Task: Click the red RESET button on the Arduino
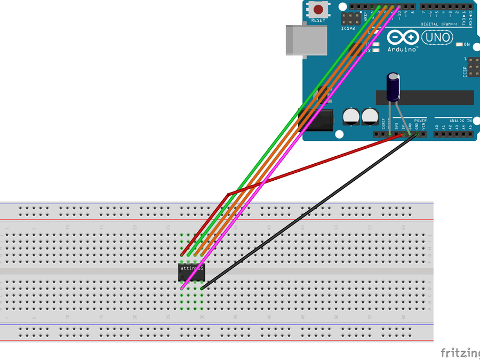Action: pos(319,10)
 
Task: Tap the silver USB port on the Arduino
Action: pos(306,39)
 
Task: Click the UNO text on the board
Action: pos(437,38)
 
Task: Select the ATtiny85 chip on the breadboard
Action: pos(191,272)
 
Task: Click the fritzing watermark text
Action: pos(459,353)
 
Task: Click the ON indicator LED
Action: pos(459,44)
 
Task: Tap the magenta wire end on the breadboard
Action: pos(182,288)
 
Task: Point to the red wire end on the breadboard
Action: pos(182,254)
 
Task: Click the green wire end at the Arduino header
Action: pos(379,7)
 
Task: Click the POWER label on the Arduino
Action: pos(420,121)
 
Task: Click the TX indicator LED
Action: pos(376,44)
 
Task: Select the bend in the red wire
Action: pos(228,194)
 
